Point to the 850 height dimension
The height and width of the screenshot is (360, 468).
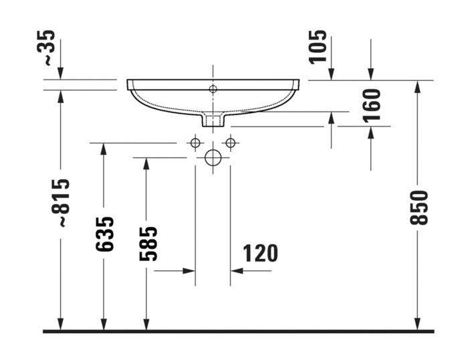(419, 207)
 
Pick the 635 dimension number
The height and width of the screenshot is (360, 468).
(104, 234)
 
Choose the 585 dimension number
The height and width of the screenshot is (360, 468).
(148, 243)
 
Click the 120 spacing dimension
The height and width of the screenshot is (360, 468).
(259, 254)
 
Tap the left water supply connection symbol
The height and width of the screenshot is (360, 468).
(195, 143)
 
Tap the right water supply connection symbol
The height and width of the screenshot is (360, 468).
(231, 143)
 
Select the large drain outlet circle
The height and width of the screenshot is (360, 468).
(213, 158)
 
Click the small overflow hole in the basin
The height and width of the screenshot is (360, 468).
(213, 89)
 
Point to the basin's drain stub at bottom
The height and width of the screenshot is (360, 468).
(213, 120)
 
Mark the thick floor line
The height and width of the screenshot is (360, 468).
(237, 331)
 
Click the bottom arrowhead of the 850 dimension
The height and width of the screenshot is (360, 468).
(417, 325)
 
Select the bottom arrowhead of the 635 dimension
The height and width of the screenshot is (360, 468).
(104, 325)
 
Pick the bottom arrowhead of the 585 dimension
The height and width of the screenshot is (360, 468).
(146, 325)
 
